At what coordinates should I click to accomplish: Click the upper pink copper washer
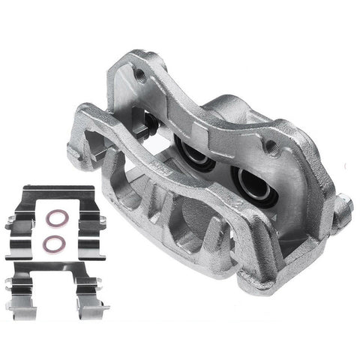click(54, 221)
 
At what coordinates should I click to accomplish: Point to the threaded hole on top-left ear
click(139, 73)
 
